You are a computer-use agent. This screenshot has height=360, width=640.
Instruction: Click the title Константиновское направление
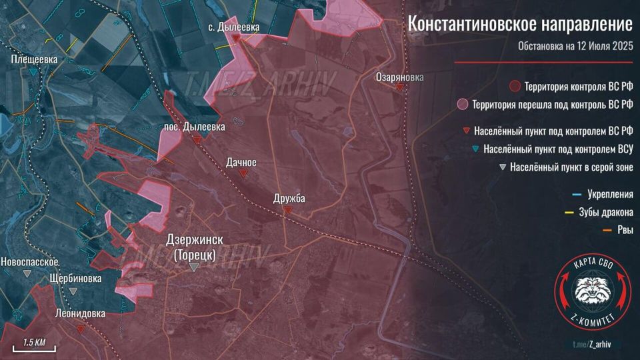point(520,25)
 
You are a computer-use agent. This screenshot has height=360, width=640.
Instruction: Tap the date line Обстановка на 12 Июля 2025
point(575,47)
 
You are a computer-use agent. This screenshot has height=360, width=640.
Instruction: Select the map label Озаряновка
point(399,77)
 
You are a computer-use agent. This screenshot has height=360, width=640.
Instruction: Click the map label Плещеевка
point(34,59)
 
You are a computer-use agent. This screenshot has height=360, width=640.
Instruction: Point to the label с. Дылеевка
point(234,27)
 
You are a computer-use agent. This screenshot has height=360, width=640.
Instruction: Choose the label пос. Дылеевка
point(194,126)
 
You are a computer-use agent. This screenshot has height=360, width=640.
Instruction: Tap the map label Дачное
point(241,162)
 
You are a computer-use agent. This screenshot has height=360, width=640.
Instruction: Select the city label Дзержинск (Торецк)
point(194,247)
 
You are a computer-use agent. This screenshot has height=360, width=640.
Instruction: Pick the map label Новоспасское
point(31,261)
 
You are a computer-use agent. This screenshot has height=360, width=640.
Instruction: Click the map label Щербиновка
point(76,278)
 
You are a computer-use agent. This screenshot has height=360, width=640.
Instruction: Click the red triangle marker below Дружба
point(287,209)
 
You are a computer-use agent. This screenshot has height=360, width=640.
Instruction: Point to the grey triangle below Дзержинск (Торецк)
point(194,267)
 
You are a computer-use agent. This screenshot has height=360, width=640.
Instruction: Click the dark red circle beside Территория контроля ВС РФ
point(514,87)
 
